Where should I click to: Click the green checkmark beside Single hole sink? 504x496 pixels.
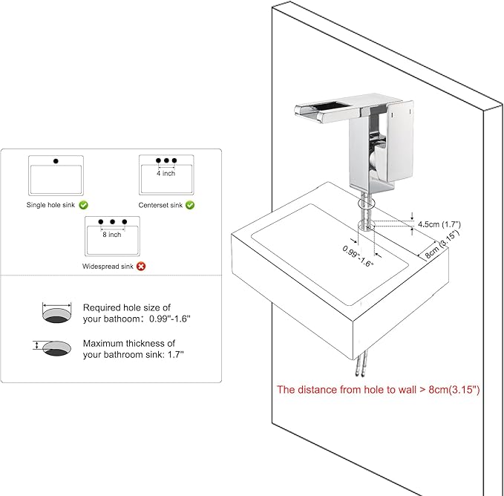click(84, 205)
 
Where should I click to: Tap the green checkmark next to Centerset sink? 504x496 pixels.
click(190, 205)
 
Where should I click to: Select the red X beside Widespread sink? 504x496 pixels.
click(141, 266)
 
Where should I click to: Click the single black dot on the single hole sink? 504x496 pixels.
click(56, 161)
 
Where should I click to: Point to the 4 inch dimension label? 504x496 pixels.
click(166, 173)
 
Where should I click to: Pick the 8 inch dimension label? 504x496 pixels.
click(112, 235)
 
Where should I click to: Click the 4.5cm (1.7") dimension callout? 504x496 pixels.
click(439, 224)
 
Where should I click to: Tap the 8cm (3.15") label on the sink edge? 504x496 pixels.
click(442, 244)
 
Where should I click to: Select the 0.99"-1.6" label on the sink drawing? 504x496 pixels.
click(358, 256)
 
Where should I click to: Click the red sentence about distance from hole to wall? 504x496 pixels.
click(379, 390)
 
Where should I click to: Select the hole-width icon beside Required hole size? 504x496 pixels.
click(56, 312)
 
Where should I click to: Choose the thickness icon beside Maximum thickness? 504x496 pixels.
click(52, 348)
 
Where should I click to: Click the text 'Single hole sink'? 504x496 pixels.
click(50, 205)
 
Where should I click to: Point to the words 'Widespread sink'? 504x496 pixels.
click(108, 266)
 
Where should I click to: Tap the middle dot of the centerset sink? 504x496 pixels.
click(166, 160)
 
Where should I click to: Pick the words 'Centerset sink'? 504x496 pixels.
click(160, 205)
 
